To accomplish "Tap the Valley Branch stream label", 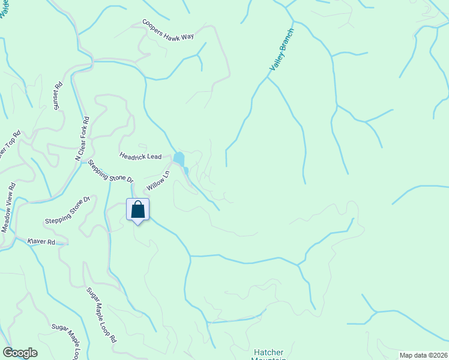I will (282, 50).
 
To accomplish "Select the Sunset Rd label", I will (59, 97).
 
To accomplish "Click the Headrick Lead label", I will (140, 156).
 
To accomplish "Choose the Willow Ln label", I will (158, 181).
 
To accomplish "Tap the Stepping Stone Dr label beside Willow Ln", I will (110, 171).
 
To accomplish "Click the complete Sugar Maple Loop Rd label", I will (101, 314).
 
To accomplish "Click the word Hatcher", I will (268, 352).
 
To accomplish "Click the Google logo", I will (20, 353).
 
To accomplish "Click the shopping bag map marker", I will (137, 210).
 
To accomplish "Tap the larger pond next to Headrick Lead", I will (179, 159).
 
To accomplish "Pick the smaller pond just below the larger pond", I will (186, 171).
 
